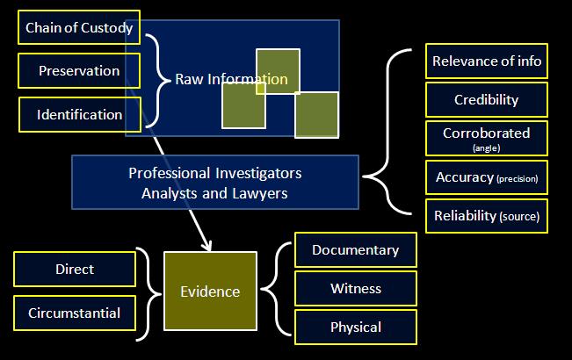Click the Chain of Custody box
click(79, 28)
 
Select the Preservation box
click(79, 71)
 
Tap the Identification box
click(79, 114)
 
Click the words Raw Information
click(231, 80)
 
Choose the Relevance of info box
click(486, 62)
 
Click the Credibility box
click(486, 100)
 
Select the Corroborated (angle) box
click(486, 138)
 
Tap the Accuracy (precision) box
click(486, 177)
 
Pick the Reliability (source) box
click(486, 216)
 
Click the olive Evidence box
click(210, 292)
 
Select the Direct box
click(75, 269)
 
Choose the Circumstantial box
click(75, 313)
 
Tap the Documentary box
click(355, 250)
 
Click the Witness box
click(355, 288)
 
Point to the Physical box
click(355, 328)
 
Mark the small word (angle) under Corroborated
click(486, 148)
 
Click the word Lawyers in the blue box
click(263, 193)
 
